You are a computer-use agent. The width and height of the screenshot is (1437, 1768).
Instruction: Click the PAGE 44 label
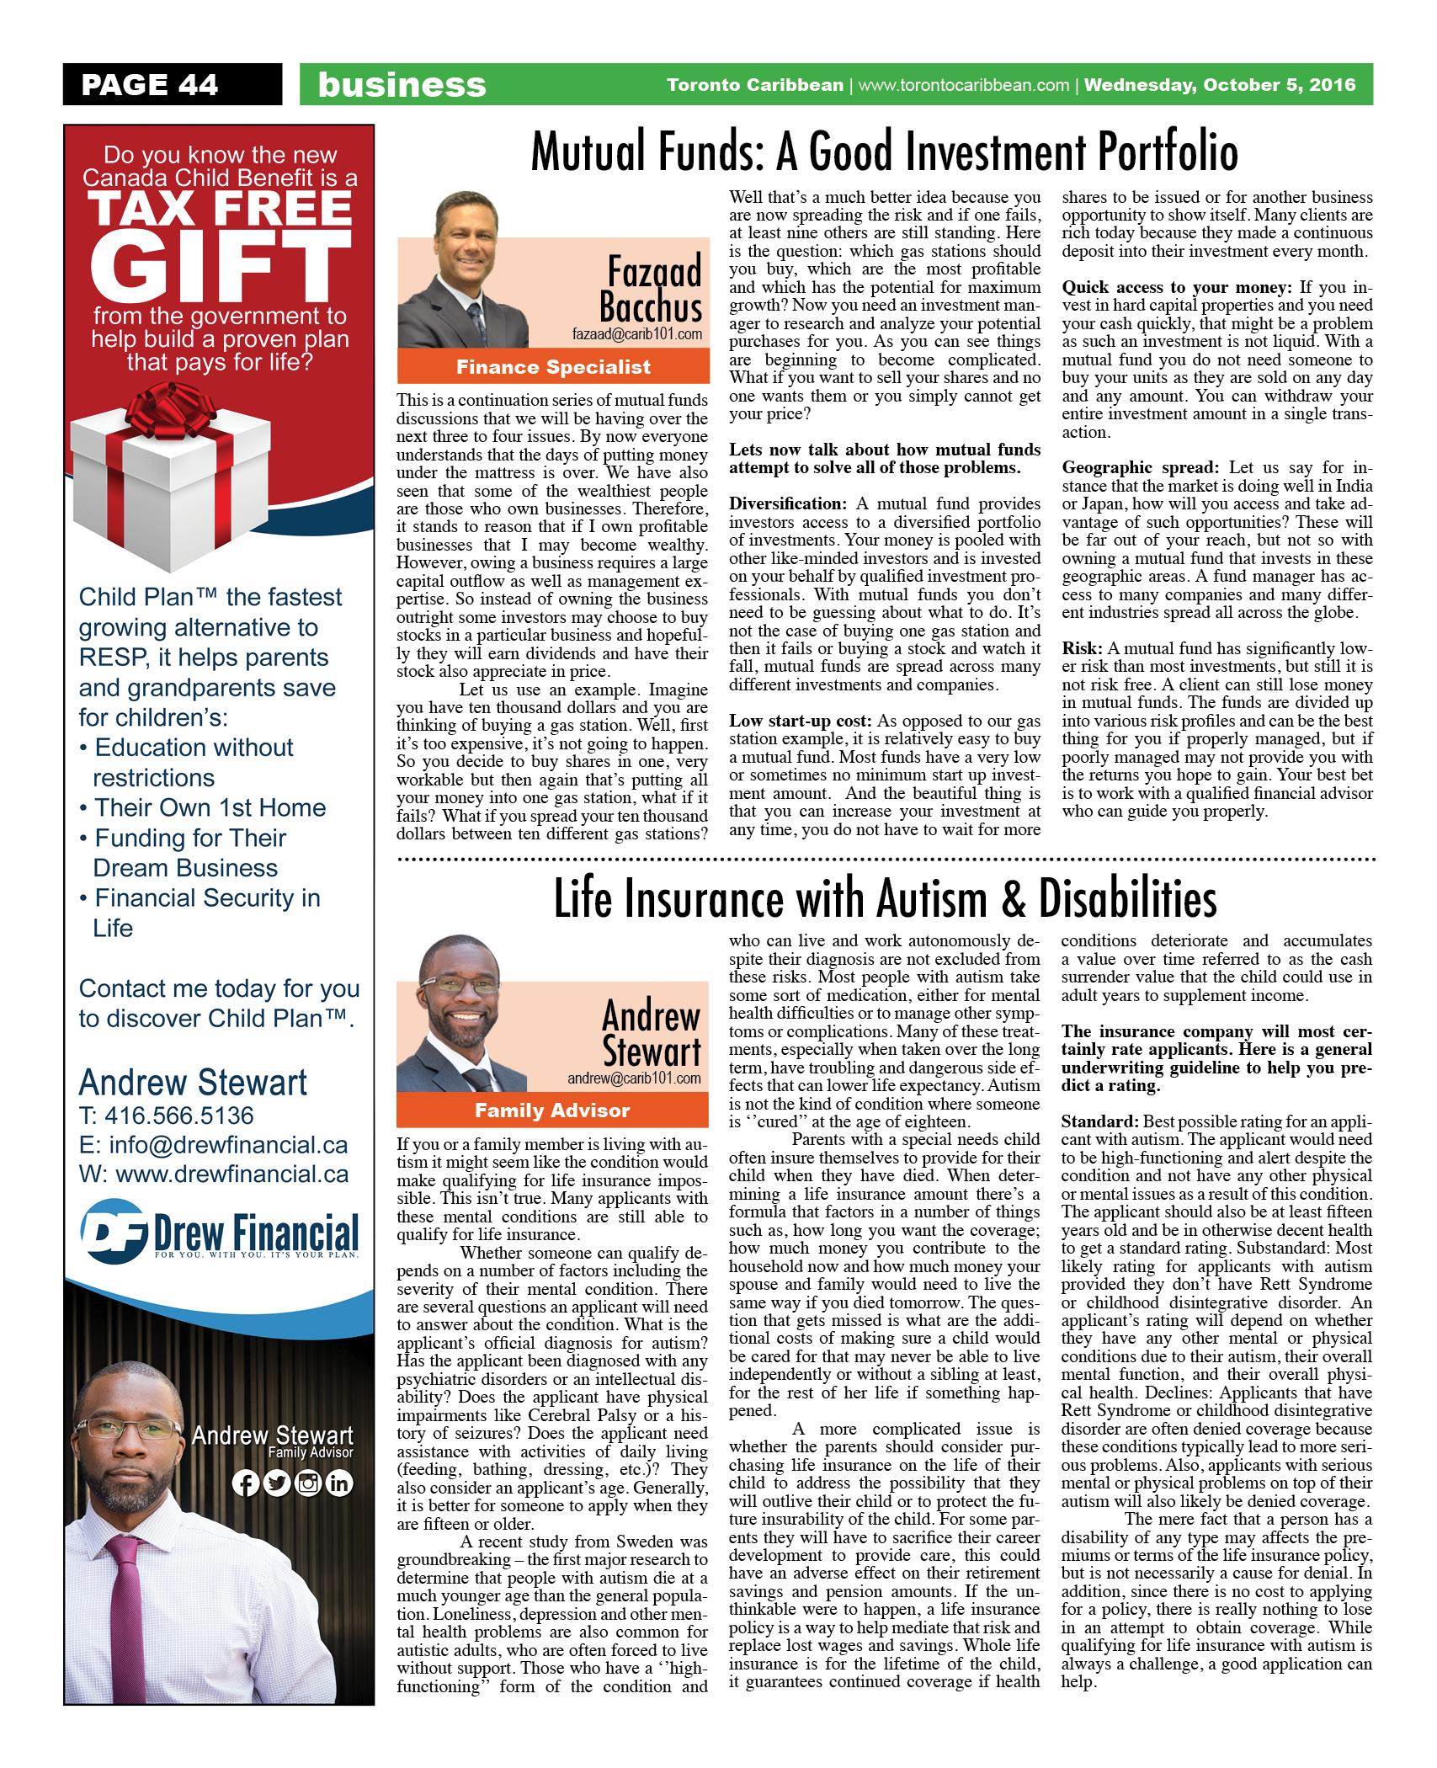click(x=150, y=84)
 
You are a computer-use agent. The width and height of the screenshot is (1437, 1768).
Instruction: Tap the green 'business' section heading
click(x=402, y=85)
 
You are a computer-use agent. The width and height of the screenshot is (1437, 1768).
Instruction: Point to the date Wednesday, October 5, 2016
click(x=1220, y=85)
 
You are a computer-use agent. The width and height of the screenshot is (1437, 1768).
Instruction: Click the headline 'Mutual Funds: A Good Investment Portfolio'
click(x=885, y=153)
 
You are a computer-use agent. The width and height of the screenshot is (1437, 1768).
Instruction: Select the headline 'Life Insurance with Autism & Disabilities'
click(x=885, y=898)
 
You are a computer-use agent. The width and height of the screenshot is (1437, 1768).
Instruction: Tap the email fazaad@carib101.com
click(x=637, y=335)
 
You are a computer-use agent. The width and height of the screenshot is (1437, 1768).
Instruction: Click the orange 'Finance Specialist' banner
click(x=553, y=366)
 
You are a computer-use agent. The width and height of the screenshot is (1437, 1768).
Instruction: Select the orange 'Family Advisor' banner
click(x=552, y=1110)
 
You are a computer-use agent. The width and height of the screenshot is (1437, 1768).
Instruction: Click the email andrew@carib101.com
click(x=634, y=1078)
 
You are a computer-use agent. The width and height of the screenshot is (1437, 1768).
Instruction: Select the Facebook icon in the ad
click(x=245, y=1483)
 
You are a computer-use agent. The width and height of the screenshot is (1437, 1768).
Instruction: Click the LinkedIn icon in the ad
click(x=339, y=1483)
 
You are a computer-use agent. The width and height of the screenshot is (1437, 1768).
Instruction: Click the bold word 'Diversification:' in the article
click(x=787, y=503)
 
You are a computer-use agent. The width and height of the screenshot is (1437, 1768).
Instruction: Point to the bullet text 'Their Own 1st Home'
click(x=210, y=807)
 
